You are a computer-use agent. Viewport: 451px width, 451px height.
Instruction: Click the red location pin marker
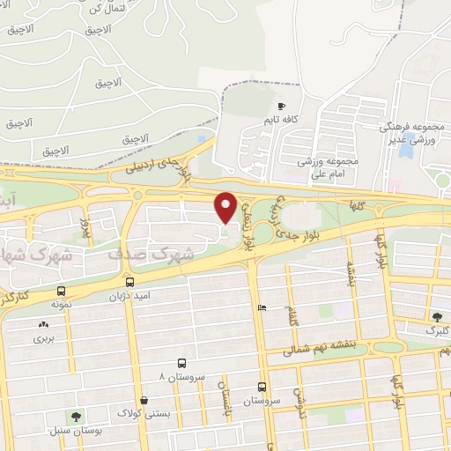click(226, 207)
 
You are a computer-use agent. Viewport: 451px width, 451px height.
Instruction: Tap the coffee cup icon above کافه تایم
click(282, 107)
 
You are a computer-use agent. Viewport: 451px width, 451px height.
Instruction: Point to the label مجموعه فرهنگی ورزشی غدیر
click(414, 132)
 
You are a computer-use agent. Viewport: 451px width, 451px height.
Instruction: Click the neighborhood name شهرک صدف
click(137, 253)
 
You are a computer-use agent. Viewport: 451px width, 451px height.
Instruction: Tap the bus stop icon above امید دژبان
click(130, 283)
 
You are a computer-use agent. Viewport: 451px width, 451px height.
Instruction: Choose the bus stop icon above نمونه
click(61, 291)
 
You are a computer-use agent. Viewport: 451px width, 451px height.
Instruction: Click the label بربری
click(44, 337)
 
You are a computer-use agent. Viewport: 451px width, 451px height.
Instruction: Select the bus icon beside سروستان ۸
click(181, 363)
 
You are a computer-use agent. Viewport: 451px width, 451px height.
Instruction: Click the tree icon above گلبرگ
click(437, 317)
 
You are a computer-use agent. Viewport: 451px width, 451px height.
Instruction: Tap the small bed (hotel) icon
click(262, 308)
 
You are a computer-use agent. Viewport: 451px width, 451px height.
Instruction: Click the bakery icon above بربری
click(43, 324)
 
